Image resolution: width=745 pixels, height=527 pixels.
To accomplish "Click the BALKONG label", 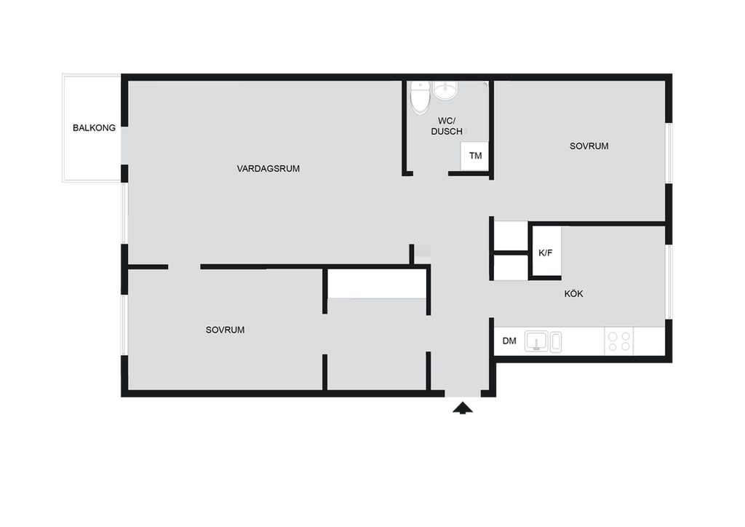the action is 94,128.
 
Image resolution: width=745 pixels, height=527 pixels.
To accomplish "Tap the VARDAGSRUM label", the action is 268,169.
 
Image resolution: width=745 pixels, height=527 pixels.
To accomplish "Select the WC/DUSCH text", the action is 447,127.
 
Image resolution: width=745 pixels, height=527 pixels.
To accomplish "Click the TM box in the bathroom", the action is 474,156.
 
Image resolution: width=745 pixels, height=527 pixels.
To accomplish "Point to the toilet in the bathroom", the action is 420,98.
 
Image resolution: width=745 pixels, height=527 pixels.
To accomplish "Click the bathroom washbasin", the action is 446,91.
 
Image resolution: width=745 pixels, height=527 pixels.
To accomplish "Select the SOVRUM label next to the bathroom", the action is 589,146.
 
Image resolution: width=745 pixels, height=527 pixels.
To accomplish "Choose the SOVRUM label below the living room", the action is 226,330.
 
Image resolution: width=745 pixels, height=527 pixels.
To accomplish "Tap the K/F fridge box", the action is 546,252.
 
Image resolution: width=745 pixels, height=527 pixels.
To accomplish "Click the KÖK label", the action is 573,293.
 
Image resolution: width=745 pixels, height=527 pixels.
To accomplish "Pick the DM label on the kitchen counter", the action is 509,341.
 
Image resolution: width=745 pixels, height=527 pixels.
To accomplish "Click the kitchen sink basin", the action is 536,341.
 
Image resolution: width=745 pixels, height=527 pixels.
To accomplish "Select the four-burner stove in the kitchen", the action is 619,341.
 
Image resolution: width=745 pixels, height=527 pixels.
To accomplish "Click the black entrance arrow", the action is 463,408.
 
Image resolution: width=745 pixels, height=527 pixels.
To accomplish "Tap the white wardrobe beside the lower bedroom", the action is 378,284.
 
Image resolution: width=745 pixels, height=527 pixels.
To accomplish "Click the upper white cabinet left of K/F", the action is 511,235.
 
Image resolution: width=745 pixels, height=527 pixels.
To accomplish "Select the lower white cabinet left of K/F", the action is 511,268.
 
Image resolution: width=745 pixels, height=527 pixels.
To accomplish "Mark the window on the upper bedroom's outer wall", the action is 669,153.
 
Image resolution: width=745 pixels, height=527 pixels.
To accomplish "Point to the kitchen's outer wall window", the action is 669,282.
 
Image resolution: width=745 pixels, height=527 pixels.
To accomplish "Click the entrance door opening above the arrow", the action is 463,394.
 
